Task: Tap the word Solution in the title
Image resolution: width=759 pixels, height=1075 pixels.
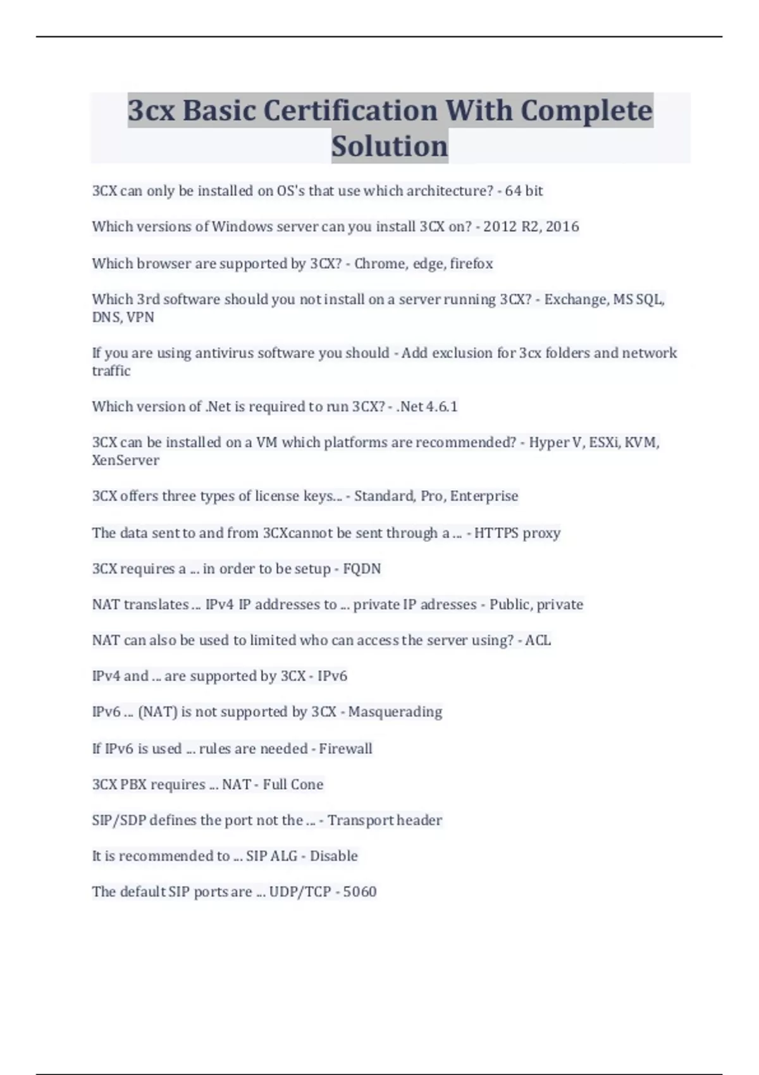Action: click(390, 146)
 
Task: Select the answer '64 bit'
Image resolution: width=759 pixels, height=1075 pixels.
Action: click(524, 190)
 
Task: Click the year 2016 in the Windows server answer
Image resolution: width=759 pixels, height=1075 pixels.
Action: click(562, 226)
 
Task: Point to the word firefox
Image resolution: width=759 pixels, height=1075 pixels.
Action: click(471, 263)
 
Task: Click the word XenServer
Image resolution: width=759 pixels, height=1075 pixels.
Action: click(125, 460)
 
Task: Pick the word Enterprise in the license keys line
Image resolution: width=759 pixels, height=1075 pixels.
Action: click(484, 496)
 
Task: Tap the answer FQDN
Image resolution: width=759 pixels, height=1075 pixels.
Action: click(362, 568)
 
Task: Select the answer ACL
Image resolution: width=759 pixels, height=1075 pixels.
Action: click(538, 640)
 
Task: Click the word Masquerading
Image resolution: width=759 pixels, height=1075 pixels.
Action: click(395, 711)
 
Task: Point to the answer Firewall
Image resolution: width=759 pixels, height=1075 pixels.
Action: click(345, 748)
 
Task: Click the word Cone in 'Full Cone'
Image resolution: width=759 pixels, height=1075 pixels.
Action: click(307, 784)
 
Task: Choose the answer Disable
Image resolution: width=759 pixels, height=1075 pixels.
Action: click(333, 856)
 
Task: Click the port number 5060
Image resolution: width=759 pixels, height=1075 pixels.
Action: click(360, 892)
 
